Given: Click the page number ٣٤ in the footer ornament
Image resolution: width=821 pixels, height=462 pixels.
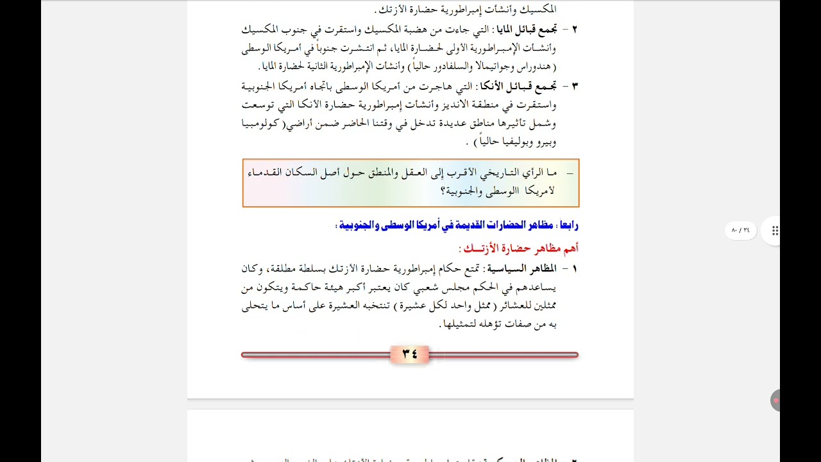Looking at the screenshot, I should [x=409, y=354].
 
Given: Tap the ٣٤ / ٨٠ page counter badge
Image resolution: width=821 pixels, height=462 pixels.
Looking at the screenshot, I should [x=740, y=230].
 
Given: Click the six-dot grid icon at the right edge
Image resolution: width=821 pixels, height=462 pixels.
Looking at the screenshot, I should [x=775, y=231].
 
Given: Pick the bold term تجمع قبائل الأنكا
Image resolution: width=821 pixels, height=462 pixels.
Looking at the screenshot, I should [x=525, y=86].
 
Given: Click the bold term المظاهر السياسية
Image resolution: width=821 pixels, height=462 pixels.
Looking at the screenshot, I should [x=523, y=268].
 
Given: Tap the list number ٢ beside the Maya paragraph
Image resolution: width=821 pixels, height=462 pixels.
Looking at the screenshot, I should [x=574, y=29].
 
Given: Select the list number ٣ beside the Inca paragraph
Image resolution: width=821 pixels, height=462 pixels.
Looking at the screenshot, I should [x=574, y=86].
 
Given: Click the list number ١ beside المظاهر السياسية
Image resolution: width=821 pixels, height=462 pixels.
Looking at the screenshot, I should [x=574, y=268].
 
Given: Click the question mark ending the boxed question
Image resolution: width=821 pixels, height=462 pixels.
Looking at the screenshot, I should [x=443, y=191].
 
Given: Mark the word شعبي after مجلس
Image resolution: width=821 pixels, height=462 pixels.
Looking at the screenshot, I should [x=426, y=287].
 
